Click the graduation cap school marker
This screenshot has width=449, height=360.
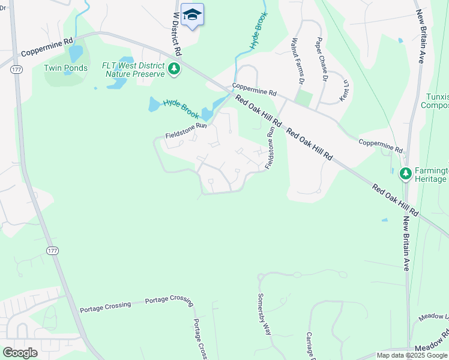[192, 14]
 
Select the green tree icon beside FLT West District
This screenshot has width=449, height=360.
[175, 70]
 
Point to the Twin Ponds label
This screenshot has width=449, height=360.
[65, 68]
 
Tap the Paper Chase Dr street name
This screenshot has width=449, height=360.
[321, 61]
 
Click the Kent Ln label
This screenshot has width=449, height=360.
[345, 89]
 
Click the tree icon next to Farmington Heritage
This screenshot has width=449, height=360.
[406, 173]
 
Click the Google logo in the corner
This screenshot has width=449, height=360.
[20, 353]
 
